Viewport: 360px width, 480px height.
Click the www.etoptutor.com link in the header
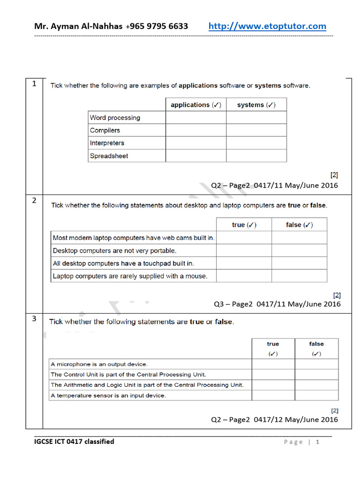tap(267, 26)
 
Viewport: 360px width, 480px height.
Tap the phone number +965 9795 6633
tap(157, 26)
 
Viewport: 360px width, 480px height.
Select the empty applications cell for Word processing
tap(196, 118)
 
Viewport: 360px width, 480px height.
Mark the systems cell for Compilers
tap(256, 130)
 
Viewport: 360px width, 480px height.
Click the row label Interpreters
tap(107, 143)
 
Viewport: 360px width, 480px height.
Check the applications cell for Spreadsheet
tap(196, 156)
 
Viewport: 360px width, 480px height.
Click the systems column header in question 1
tap(256, 105)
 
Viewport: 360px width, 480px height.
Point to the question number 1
tap(34, 84)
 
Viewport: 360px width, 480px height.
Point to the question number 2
tap(34, 201)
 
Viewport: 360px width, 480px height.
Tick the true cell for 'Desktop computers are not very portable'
tap(244, 251)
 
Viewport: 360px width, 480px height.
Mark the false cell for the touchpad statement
tap(299, 263)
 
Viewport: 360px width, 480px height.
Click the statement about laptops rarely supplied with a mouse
tap(130, 276)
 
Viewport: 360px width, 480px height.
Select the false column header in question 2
tap(299, 225)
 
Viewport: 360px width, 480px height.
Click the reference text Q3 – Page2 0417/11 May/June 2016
tap(277, 304)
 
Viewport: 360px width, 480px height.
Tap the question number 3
tap(34, 319)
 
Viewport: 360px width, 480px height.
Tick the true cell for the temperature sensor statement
tap(273, 395)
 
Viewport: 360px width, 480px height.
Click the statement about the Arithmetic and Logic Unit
tap(147, 385)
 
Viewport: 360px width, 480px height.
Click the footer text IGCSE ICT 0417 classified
tap(74, 442)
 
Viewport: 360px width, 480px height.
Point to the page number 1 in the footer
tap(317, 442)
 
